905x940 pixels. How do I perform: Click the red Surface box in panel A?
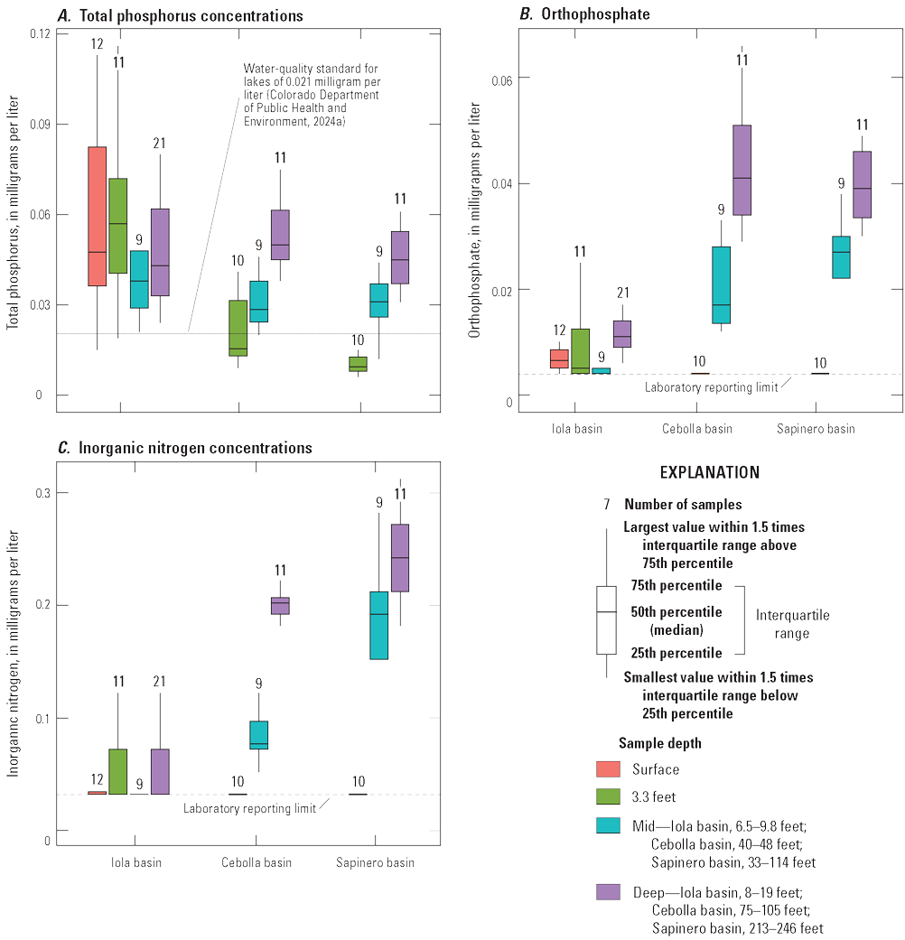pos(97,217)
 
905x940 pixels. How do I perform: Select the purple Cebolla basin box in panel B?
pos(742,170)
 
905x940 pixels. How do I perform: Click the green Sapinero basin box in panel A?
pos(358,364)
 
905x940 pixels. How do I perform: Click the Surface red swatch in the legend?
pos(607,769)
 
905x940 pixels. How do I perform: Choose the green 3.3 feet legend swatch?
pos(607,796)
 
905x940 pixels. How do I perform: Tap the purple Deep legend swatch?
pos(607,892)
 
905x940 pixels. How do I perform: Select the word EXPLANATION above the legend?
pos(710,472)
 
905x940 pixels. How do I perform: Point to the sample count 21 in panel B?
pos(622,293)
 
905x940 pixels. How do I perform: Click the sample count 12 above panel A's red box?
pos(98,43)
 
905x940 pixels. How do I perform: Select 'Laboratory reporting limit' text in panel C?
pos(249,808)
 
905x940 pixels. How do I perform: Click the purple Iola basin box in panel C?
pos(160,771)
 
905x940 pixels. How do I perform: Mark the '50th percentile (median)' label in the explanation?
pos(676,619)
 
